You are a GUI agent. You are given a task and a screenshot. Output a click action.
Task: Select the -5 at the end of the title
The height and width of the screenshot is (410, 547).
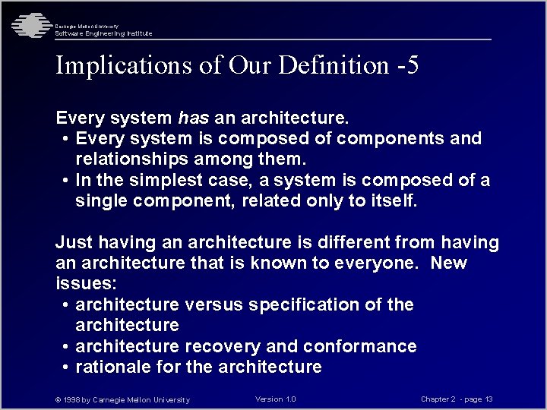pyautogui.click(x=408, y=66)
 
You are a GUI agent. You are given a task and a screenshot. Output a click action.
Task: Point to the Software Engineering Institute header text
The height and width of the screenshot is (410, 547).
pyautogui.click(x=103, y=33)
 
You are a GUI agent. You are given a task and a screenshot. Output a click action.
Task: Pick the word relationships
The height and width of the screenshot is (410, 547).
pyautogui.click(x=131, y=159)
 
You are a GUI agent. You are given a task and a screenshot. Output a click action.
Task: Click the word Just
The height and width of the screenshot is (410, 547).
pyautogui.click(x=74, y=243)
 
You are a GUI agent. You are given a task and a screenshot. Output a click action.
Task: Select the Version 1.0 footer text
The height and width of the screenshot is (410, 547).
pyautogui.click(x=276, y=399)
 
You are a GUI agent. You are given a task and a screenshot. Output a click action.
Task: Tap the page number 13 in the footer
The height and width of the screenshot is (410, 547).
pyautogui.click(x=489, y=399)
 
